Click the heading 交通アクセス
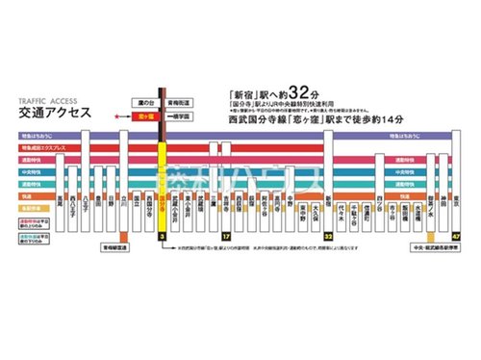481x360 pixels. coord(50,112)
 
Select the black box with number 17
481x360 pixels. coord(225,234)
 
